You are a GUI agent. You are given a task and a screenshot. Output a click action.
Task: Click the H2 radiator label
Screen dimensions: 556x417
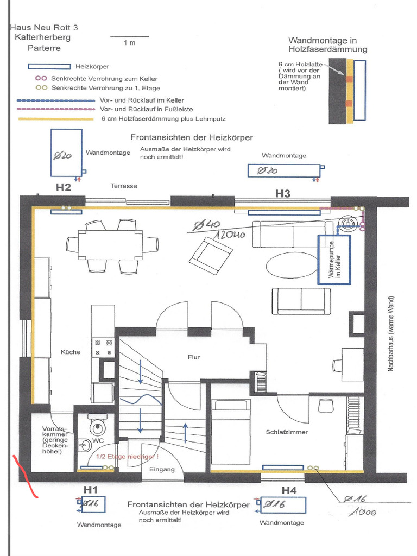point(64,188)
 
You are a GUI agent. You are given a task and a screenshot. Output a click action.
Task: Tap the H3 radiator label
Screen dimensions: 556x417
point(282,193)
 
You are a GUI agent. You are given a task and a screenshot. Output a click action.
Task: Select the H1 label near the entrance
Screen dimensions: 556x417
point(90,489)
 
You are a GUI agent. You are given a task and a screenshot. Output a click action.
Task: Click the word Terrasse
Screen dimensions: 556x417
point(124,186)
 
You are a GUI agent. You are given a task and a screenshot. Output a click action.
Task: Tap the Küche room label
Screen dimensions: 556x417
point(71,352)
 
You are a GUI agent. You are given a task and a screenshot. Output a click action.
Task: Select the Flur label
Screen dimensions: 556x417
point(194,357)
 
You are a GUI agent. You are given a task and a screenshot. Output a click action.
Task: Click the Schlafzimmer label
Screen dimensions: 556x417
point(287,432)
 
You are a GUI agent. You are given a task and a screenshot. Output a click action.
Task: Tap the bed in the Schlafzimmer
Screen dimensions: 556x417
point(231,432)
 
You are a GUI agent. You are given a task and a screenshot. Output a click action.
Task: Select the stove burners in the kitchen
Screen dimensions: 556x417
point(103,348)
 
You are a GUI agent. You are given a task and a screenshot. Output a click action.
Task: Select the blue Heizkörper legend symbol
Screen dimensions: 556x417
point(49,67)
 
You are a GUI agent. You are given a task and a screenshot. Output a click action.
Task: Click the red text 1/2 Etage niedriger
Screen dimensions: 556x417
point(127,457)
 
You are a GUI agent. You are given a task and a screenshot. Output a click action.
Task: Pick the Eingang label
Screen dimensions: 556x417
point(162,469)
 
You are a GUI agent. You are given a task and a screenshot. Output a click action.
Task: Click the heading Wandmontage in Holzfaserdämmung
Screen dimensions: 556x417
point(327,45)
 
